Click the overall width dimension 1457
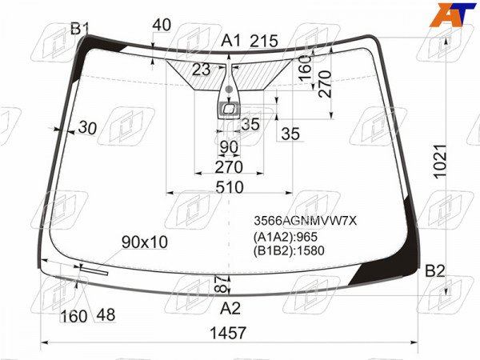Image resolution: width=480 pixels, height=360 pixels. click(x=228, y=333)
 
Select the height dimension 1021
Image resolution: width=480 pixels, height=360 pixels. click(x=441, y=162)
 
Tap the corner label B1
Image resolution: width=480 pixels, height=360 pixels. click(x=79, y=29)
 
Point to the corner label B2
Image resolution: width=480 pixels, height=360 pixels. click(x=435, y=271)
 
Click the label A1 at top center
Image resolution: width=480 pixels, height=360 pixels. click(x=231, y=41)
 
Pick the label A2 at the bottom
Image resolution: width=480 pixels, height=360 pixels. click(x=230, y=308)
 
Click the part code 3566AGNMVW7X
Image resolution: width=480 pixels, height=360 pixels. click(x=306, y=221)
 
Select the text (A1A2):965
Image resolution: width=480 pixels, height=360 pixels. click(x=286, y=237)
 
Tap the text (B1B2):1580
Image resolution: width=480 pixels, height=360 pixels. click(x=289, y=250)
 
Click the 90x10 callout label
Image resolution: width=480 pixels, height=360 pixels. click(x=145, y=242)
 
